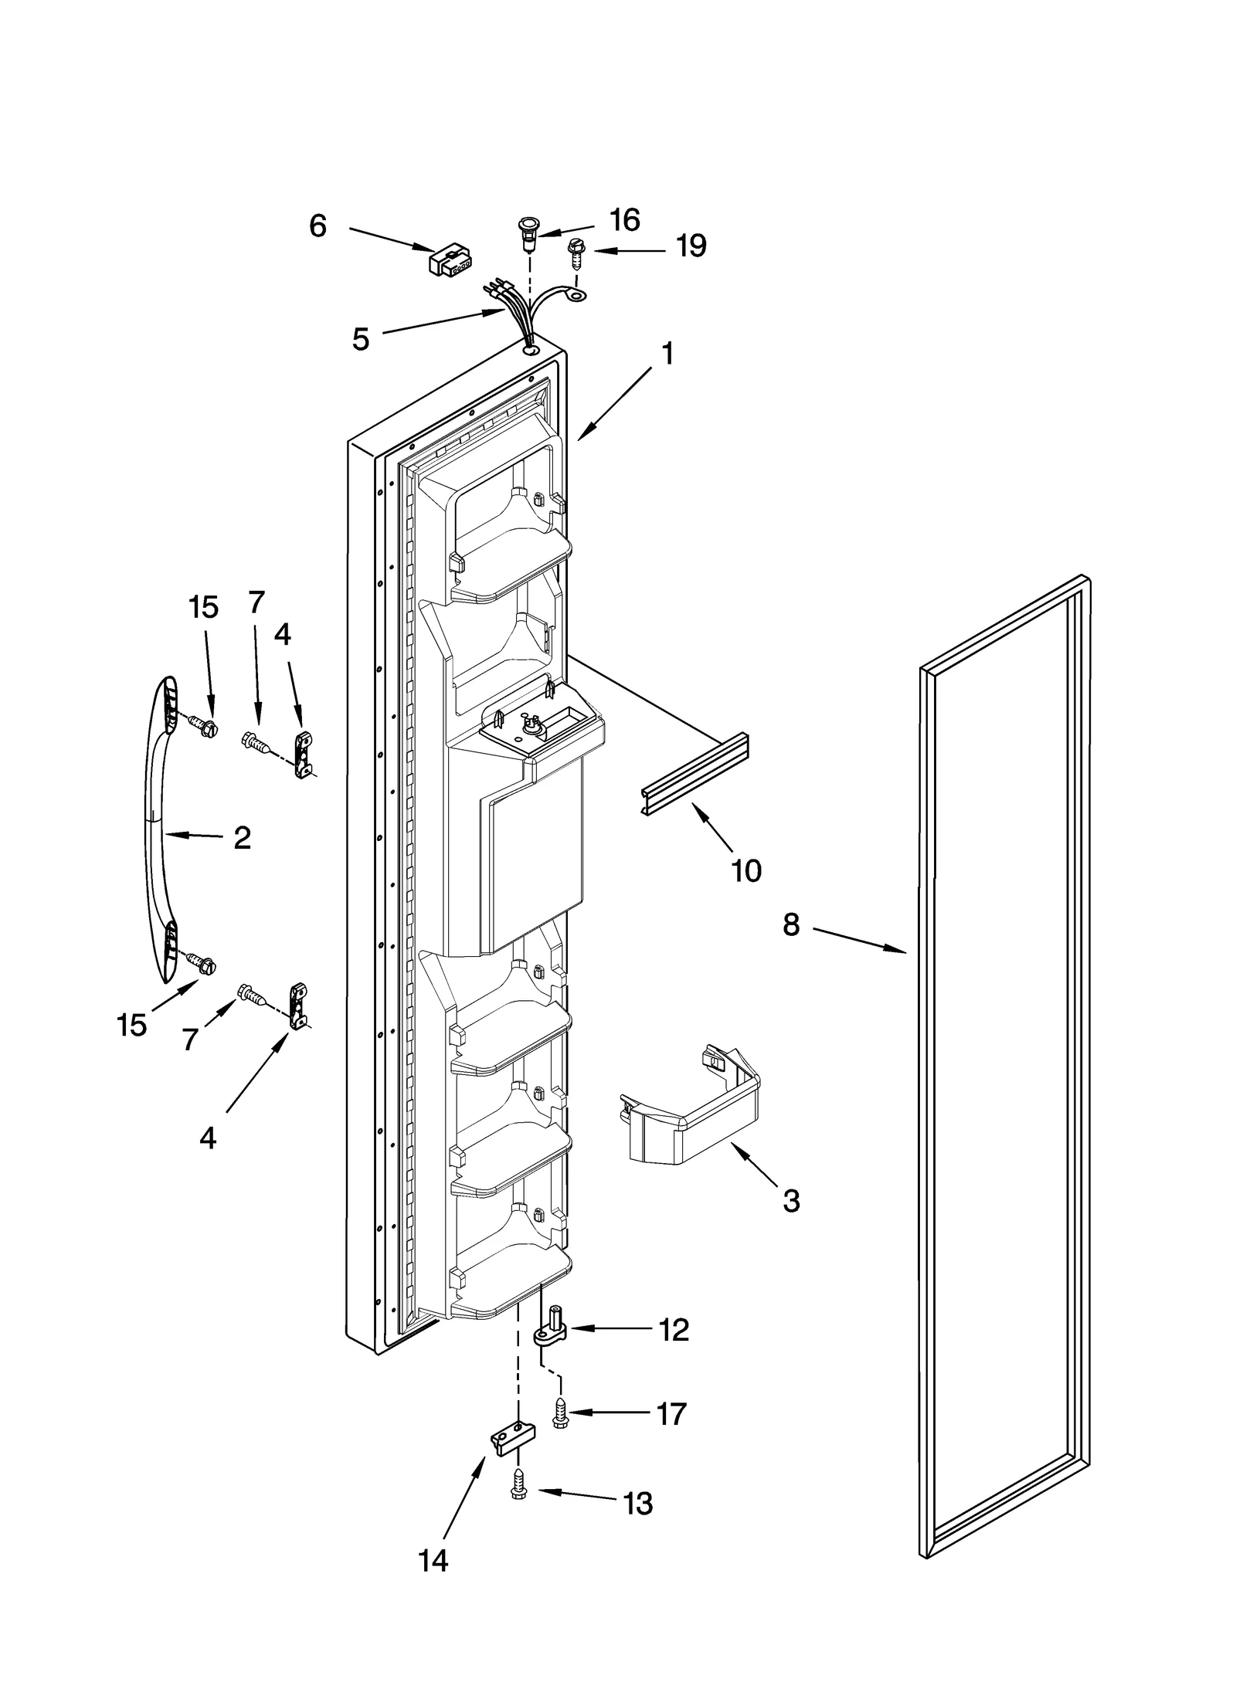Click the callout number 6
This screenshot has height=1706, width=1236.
[317, 226]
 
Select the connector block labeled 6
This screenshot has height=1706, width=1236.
[450, 259]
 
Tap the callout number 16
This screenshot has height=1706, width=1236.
[624, 220]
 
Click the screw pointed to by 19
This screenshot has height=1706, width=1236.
[575, 252]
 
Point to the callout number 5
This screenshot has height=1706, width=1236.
[361, 339]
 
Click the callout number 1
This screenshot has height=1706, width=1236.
[667, 354]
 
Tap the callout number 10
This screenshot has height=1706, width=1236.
[746, 870]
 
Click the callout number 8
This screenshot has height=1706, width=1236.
[791, 924]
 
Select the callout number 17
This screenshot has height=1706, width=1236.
[671, 1414]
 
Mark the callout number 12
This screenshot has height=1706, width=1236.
[674, 1330]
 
